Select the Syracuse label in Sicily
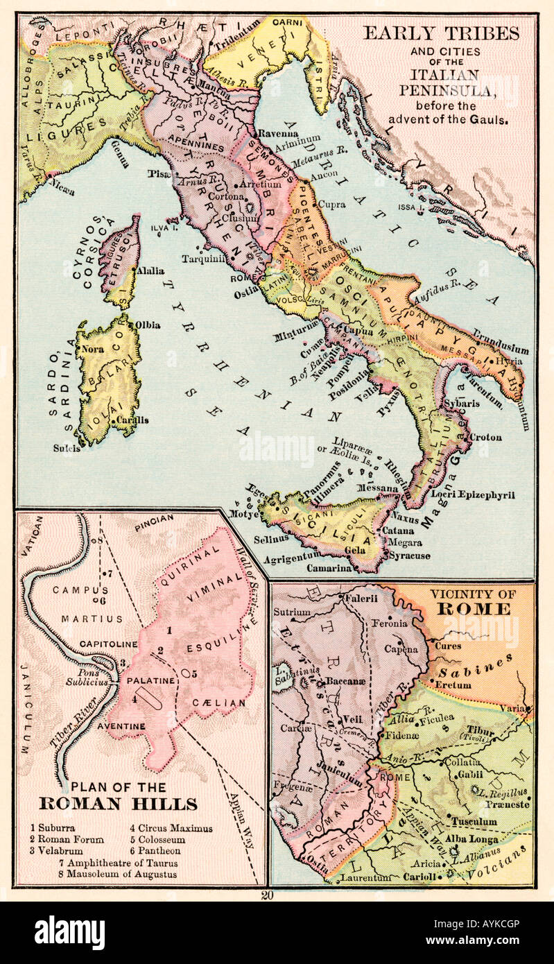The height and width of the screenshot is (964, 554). (x=409, y=556)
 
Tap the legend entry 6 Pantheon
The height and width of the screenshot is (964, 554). (x=155, y=850)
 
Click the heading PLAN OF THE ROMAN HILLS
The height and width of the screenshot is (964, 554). (x=118, y=798)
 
